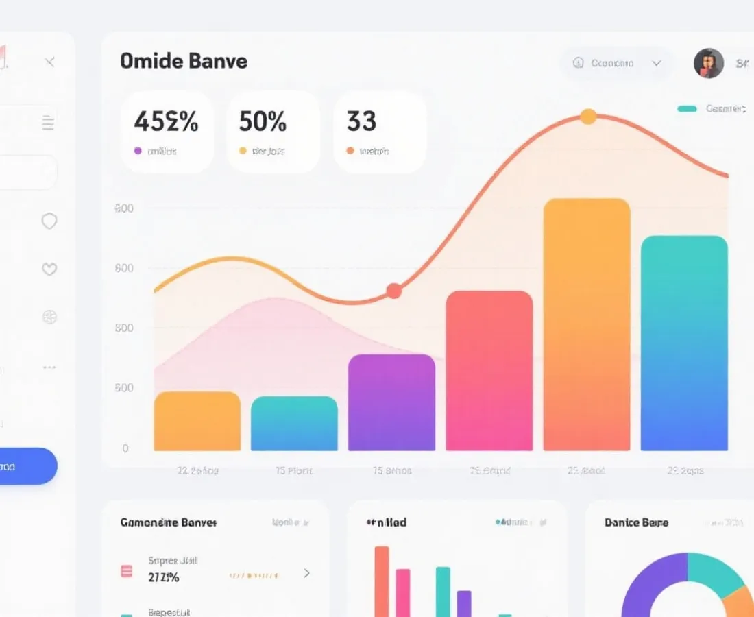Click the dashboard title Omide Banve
click(x=183, y=61)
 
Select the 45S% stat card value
click(x=166, y=122)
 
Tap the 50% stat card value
click(x=263, y=122)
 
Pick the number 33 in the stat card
click(x=361, y=122)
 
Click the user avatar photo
click(x=709, y=63)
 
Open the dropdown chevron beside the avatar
click(x=657, y=63)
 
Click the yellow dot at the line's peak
click(x=588, y=117)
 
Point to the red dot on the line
click(x=393, y=291)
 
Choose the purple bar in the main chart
click(x=391, y=402)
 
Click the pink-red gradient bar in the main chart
click(x=489, y=371)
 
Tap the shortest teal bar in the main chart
click(x=294, y=424)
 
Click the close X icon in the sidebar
click(x=50, y=62)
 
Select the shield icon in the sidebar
click(x=49, y=221)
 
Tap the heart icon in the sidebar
click(x=49, y=269)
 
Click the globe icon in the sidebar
click(x=49, y=317)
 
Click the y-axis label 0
click(x=125, y=448)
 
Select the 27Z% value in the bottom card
click(x=164, y=577)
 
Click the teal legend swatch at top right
click(x=687, y=109)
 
